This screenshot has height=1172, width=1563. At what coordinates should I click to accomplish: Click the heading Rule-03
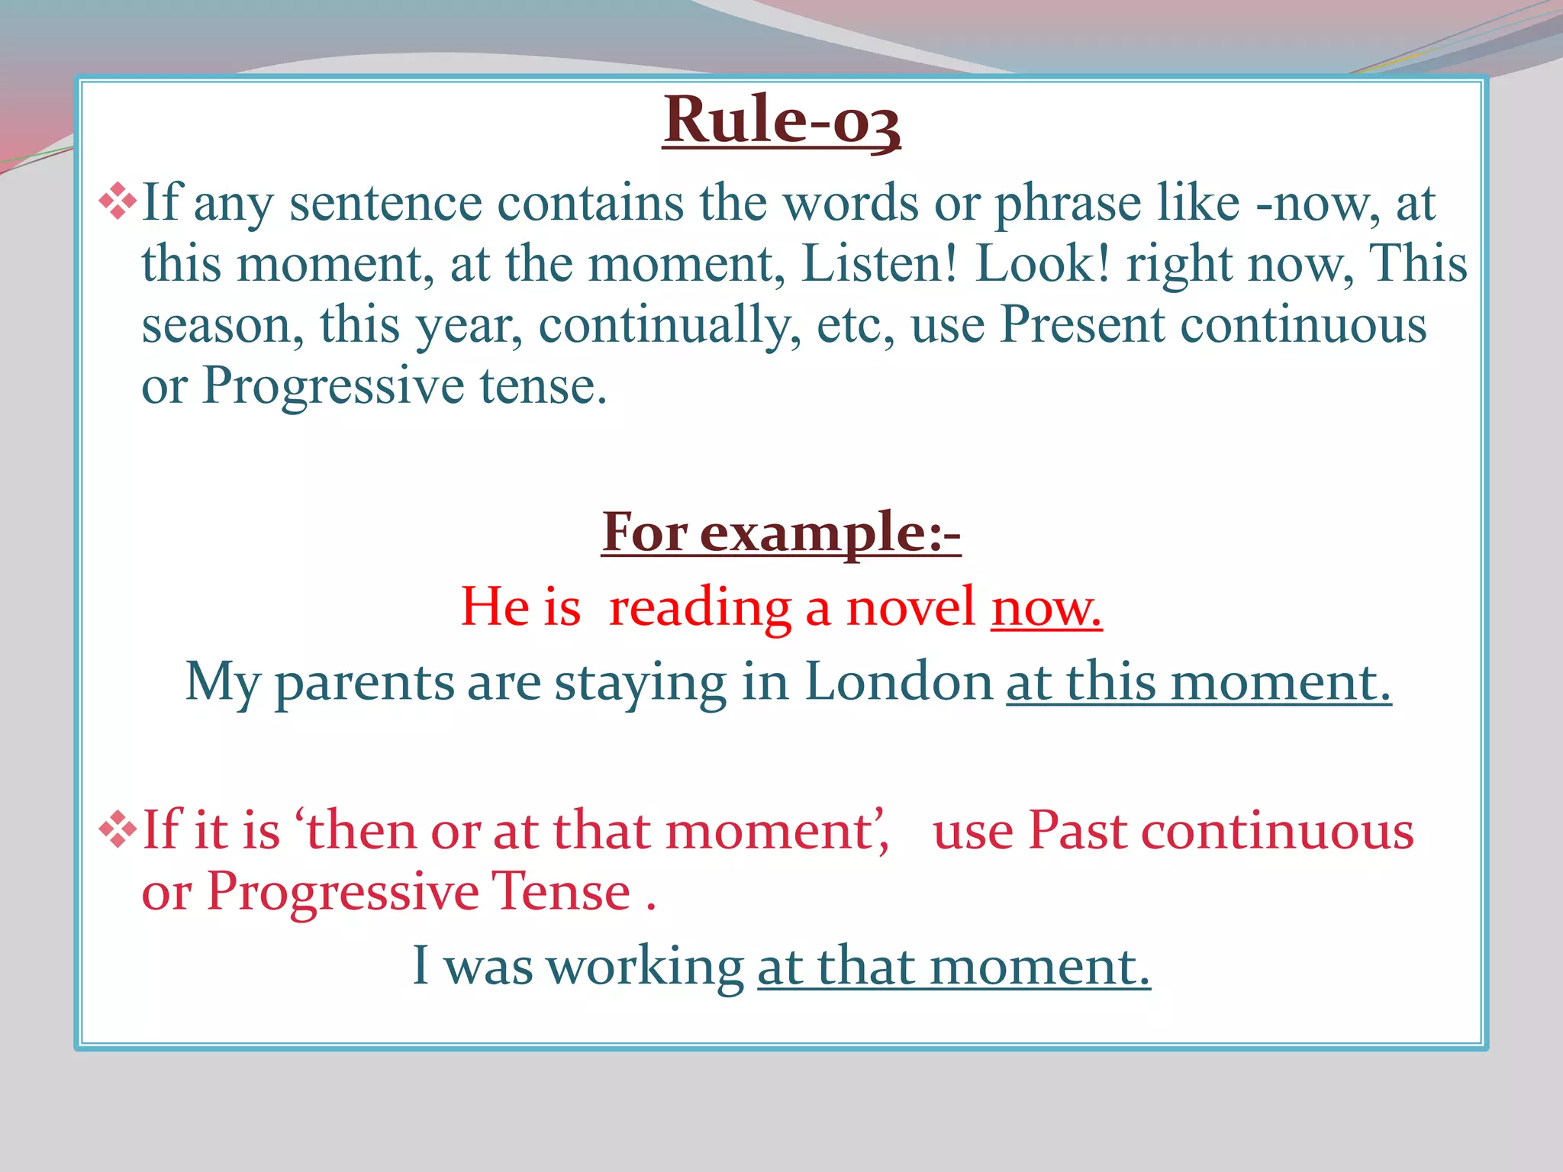pos(781,121)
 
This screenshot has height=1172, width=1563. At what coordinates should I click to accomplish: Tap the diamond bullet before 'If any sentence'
pos(118,201)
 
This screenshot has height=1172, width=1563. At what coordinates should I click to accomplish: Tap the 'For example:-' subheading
pos(781,533)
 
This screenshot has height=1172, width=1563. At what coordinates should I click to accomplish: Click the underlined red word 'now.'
pos(1046,608)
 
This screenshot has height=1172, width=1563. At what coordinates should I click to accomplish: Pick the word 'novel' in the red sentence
pos(910,608)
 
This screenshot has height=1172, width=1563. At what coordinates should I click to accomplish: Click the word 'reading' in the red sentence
pos(700,610)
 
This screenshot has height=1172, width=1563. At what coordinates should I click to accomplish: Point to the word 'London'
pos(898,681)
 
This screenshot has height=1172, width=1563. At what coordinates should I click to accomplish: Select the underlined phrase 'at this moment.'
pos(1198,681)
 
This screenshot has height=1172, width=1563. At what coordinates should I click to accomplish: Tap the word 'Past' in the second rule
pos(1078,830)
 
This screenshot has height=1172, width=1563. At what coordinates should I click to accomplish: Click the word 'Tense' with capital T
pos(560,891)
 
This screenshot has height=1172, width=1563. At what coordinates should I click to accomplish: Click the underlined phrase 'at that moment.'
pos(953,966)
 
